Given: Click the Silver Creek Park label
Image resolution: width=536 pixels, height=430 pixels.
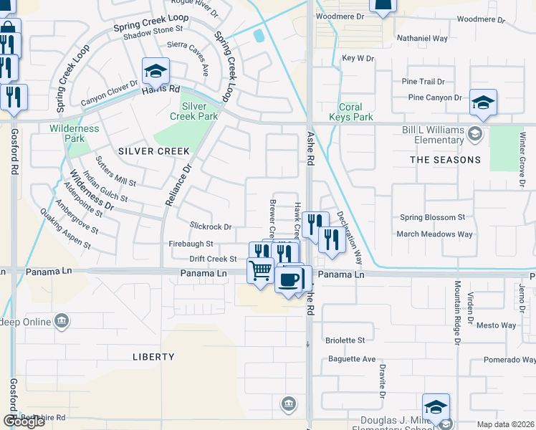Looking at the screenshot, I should [199, 111].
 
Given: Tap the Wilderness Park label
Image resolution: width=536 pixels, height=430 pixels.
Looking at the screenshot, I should [75, 133].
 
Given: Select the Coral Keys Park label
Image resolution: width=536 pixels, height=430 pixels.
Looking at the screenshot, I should [351, 112].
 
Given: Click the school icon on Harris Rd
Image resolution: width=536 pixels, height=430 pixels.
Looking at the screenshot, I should [155, 71].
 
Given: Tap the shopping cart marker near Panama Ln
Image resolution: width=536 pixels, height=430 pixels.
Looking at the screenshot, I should [259, 271].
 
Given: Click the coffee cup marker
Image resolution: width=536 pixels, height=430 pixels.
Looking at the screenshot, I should [288, 279].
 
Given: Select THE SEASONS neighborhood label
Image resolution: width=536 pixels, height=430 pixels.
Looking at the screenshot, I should [446, 160].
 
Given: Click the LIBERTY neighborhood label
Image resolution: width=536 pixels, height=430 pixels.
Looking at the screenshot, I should [153, 357].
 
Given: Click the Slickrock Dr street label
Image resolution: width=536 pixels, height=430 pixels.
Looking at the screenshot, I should [211, 227].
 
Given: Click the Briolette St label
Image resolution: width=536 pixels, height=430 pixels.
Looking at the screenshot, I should [345, 340].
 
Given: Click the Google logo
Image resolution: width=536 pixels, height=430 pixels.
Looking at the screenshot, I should [24, 421].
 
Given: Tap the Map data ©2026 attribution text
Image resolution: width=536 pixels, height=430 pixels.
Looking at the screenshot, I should [505, 424].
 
